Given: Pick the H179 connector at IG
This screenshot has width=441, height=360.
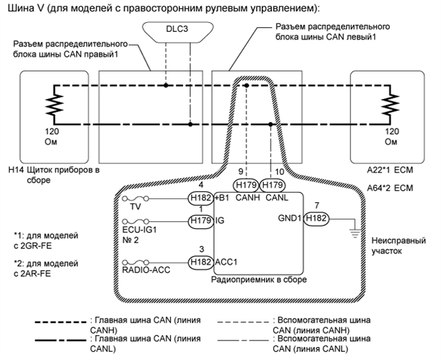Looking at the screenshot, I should click(x=199, y=220).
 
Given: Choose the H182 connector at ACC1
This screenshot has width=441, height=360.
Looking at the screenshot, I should click(x=199, y=260).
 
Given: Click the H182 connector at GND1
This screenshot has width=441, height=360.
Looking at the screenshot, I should click(x=316, y=219).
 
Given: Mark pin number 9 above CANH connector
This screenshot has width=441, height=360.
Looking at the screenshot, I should click(x=240, y=172).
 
